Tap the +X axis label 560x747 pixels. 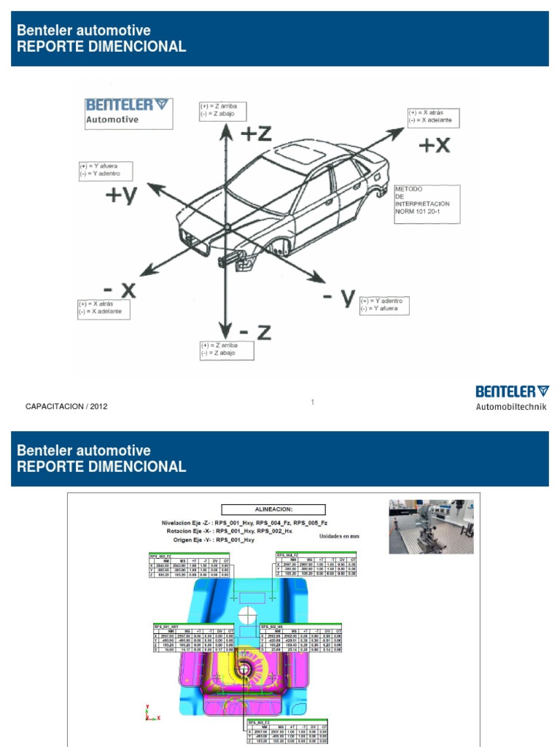click(x=434, y=145)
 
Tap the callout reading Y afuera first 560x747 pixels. click(x=108, y=169)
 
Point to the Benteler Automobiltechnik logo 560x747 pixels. click(x=511, y=398)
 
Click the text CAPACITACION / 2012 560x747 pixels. click(x=66, y=406)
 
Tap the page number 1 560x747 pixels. click(x=312, y=401)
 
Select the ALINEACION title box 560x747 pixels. click(x=273, y=510)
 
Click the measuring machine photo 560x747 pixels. click(x=431, y=526)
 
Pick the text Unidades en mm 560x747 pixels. click(x=339, y=536)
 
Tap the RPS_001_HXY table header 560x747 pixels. click(x=166, y=625)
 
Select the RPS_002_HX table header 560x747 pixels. click(x=273, y=625)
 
